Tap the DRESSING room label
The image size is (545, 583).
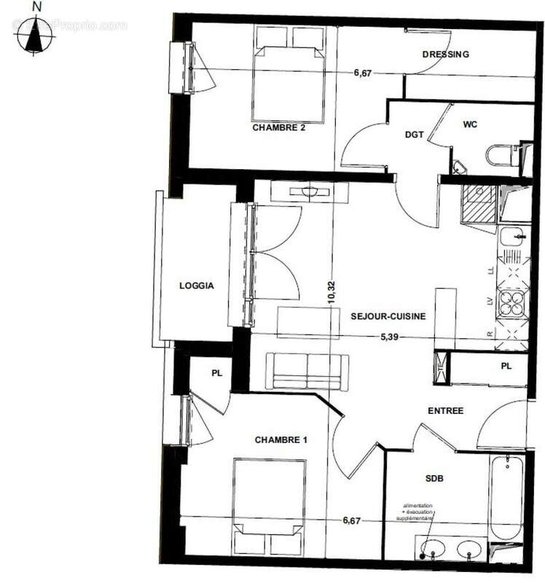(x=445, y=54)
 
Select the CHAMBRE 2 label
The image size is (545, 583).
(x=278, y=127)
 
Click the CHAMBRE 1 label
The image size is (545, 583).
(x=281, y=439)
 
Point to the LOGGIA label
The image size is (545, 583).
(x=197, y=286)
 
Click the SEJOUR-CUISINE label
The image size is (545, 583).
(x=388, y=316)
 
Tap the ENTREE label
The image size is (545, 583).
(x=445, y=411)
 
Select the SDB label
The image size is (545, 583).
(x=435, y=478)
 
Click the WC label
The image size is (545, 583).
(x=470, y=125)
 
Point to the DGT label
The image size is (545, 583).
(x=415, y=135)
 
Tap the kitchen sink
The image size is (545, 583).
(x=511, y=236)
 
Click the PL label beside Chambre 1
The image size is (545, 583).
(x=216, y=373)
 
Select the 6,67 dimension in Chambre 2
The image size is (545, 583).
(x=363, y=71)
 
